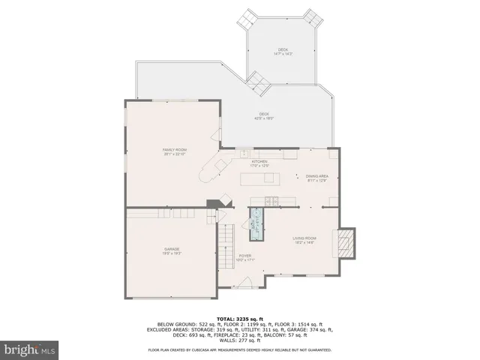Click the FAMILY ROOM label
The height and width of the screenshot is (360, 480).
(x=175, y=151)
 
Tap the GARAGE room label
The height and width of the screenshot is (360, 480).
(x=172, y=250)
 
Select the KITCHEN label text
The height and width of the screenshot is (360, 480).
(x=259, y=163)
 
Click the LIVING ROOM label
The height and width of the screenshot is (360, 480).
(x=304, y=239)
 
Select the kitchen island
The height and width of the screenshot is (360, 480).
(x=259, y=179)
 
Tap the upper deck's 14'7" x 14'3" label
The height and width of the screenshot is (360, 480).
(x=282, y=52)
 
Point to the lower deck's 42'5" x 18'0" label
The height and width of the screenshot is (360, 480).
(x=264, y=116)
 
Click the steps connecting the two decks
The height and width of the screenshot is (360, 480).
(x=259, y=82)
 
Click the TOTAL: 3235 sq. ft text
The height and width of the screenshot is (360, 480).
(x=240, y=319)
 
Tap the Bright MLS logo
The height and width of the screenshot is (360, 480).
(x=30, y=349)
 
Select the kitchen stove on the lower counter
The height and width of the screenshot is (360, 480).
(x=271, y=200)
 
